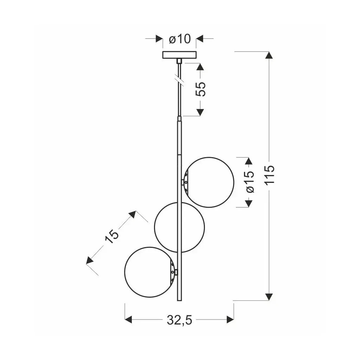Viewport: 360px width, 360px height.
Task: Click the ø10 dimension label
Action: (180, 39)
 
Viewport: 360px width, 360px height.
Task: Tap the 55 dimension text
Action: (200, 89)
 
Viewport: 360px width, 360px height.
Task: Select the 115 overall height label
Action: (269, 174)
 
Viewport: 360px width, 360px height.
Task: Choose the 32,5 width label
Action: (179, 320)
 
